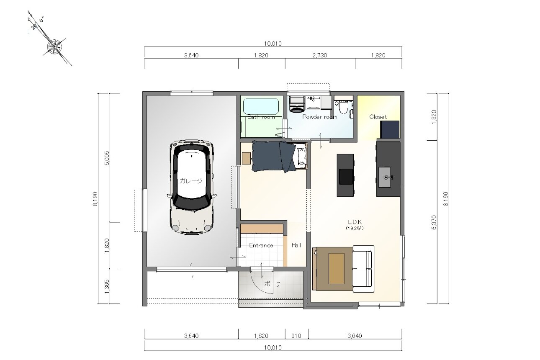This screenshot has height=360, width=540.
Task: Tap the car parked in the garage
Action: (192, 187)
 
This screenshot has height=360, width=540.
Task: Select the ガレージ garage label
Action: (191, 180)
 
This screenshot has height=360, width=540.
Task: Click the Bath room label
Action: (261, 117)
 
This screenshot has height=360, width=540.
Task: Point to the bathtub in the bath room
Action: (261, 106)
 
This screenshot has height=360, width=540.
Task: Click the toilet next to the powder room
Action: (343, 107)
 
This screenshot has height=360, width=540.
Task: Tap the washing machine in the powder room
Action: (296, 104)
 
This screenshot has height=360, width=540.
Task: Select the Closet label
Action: (378, 117)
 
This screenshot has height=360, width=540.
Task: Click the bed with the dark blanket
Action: (280, 157)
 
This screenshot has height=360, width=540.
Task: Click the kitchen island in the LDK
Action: (345, 175)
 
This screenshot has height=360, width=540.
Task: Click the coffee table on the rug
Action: (336, 268)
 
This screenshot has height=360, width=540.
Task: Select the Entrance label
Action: (261, 245)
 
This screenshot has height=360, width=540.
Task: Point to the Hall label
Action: (296, 245)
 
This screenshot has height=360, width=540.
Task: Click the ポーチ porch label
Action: (273, 284)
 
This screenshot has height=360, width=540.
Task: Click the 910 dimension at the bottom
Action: (296, 336)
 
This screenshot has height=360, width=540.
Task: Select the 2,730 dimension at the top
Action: (320, 55)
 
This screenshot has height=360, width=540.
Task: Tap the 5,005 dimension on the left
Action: (107, 158)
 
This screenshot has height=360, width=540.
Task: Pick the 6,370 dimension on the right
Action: (434, 222)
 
